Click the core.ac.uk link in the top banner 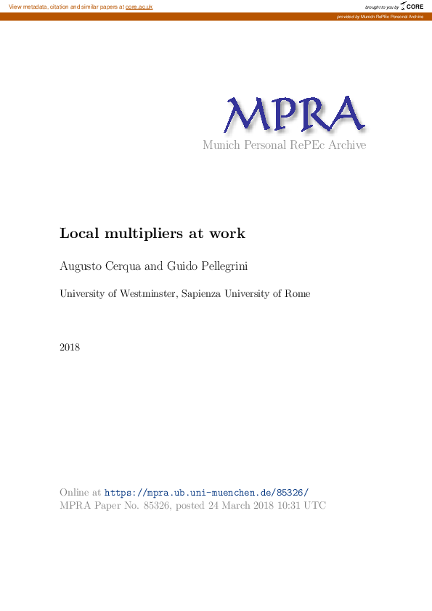coord(139,7)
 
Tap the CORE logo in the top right coord(412,7)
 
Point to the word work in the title coord(227,234)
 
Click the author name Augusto coord(81,267)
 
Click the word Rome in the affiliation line coord(298,294)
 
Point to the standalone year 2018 coord(70,347)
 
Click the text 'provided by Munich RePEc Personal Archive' coord(380,16)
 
